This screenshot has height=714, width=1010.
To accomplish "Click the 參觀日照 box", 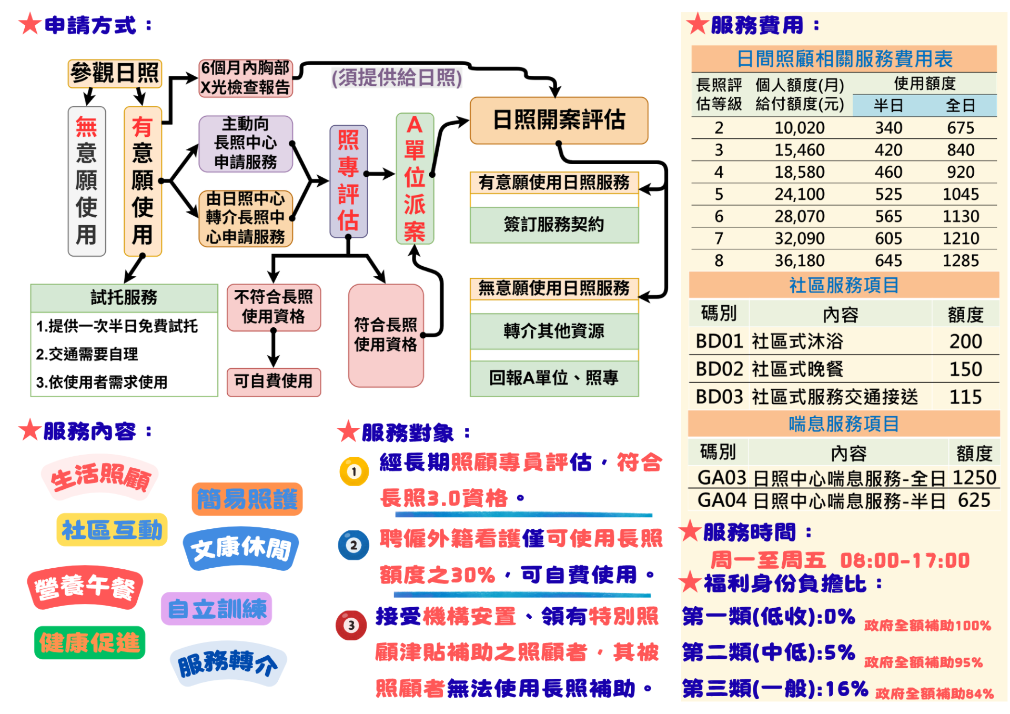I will [115, 73].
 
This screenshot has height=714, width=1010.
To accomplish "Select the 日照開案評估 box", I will [559, 120].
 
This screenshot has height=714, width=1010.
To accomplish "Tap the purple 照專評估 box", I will [348, 180].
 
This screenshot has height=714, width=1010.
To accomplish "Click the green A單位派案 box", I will [415, 178].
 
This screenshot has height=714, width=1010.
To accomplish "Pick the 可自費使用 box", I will [274, 381].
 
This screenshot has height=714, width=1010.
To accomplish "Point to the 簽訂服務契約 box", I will [554, 225].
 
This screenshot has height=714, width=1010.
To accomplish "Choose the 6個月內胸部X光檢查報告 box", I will [245, 78].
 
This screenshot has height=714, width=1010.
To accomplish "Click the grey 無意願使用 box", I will [87, 180].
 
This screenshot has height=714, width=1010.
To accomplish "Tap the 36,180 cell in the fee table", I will [799, 260].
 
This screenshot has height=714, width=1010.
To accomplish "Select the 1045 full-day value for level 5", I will [960, 194].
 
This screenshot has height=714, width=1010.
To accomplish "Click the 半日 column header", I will [888, 106].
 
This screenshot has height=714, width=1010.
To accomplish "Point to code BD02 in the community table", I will [719, 369].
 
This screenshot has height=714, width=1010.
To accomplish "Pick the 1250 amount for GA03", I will [974, 477].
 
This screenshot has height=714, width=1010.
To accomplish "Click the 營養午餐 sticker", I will [85, 587].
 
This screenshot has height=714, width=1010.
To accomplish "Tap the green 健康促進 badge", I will [89, 642].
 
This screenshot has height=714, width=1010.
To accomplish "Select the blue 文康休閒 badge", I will [241, 549].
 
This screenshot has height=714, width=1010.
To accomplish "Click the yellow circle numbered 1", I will [354, 471].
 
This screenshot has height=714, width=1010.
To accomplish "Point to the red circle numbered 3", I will [351, 625].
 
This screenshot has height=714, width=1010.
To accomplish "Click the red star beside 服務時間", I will [690, 531].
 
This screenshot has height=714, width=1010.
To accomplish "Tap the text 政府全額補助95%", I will [923, 662].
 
